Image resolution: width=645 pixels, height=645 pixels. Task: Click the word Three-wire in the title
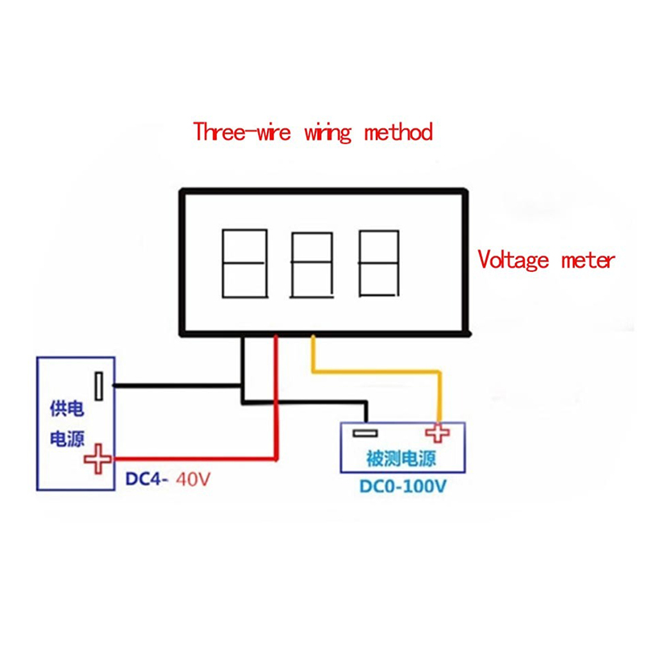click(242, 131)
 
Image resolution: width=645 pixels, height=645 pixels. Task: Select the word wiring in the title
click(328, 132)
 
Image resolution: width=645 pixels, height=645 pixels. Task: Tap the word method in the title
click(398, 131)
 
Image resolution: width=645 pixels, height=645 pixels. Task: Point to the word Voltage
click(513, 260)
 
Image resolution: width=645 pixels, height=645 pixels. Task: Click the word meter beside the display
click(589, 260)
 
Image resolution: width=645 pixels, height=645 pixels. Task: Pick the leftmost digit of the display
click(245, 264)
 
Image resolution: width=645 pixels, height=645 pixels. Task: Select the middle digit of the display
click(312, 265)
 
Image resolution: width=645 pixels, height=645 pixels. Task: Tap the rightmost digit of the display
click(378, 264)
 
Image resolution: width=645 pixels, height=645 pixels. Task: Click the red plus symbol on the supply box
click(98, 459)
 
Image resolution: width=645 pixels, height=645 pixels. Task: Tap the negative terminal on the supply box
click(98, 386)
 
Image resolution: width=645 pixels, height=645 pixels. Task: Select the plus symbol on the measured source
click(437, 432)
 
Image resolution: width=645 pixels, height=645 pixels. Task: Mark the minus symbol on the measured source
click(365, 433)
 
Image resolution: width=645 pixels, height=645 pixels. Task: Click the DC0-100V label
click(402, 486)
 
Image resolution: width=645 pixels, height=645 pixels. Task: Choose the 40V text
click(193, 479)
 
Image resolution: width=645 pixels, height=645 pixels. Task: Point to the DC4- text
click(147, 479)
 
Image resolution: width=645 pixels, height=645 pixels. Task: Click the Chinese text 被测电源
click(401, 458)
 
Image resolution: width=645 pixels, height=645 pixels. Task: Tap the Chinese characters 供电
click(67, 409)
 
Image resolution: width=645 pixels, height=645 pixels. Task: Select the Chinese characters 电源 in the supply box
click(67, 439)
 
